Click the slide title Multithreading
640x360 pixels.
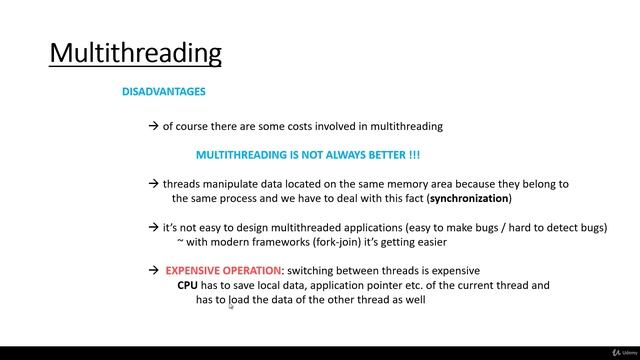tap(136, 52)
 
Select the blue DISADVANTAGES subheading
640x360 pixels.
tap(164, 92)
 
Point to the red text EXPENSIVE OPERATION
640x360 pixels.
tap(224, 271)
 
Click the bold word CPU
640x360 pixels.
tap(187, 285)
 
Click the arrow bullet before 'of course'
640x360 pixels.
tap(153, 127)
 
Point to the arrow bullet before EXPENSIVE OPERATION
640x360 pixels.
tap(153, 271)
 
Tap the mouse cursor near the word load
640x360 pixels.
tap(231, 307)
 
